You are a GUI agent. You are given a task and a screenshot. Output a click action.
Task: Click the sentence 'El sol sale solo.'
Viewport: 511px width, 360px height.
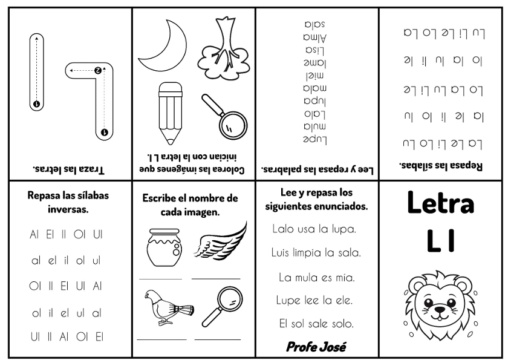[x=316, y=322]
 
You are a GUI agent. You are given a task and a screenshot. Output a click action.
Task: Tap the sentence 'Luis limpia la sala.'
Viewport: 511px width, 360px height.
[x=316, y=252]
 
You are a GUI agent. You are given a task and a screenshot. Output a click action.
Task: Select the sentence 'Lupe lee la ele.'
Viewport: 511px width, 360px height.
[x=314, y=299]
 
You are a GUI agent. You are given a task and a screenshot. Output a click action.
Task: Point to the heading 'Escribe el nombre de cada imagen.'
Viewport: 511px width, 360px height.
[x=190, y=205]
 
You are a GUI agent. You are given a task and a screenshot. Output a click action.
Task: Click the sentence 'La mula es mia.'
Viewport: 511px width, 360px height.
[x=316, y=277]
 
